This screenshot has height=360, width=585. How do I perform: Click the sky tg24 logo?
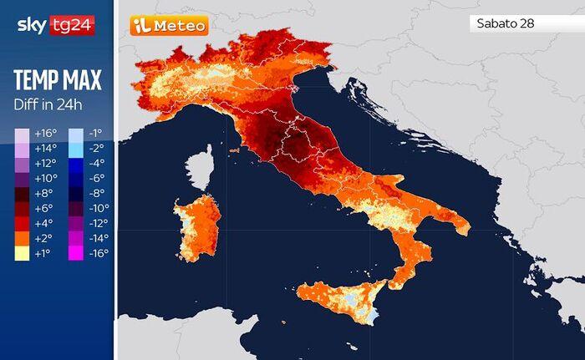55,25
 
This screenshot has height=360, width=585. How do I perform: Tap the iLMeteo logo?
169,26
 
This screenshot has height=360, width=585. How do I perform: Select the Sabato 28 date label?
506,23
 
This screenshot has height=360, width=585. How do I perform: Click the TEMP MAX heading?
57,81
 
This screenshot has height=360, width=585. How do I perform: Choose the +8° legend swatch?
22,194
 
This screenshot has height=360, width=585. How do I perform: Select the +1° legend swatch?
22,253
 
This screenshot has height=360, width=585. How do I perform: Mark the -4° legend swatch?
75,164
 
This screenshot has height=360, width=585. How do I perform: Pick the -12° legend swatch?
75,224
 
